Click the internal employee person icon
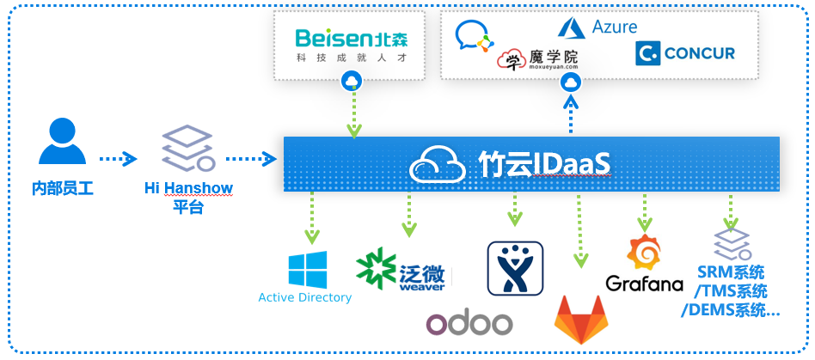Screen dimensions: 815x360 (x=63, y=141)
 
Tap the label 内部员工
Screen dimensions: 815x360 (x=63, y=188)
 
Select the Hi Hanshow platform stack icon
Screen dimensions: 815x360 (x=188, y=148)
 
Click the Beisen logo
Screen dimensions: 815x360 (x=352, y=45)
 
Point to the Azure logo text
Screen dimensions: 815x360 (x=614, y=26)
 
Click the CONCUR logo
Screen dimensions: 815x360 (x=685, y=53)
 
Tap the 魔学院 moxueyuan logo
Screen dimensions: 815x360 (x=537, y=59)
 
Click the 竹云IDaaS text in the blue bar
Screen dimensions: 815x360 (x=543, y=165)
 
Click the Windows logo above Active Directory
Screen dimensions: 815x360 (x=308, y=270)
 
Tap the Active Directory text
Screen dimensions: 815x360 (x=305, y=297)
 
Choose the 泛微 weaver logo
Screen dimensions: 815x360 (x=401, y=270)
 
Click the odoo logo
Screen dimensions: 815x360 (x=469, y=324)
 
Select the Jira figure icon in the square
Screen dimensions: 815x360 (x=515, y=268)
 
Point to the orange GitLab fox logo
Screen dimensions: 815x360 (x=581, y=320)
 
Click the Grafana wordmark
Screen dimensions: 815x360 (x=644, y=284)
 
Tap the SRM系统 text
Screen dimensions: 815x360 (x=732, y=272)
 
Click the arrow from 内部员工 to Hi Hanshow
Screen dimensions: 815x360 (x=118, y=159)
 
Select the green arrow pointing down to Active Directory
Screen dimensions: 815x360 (x=312, y=217)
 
